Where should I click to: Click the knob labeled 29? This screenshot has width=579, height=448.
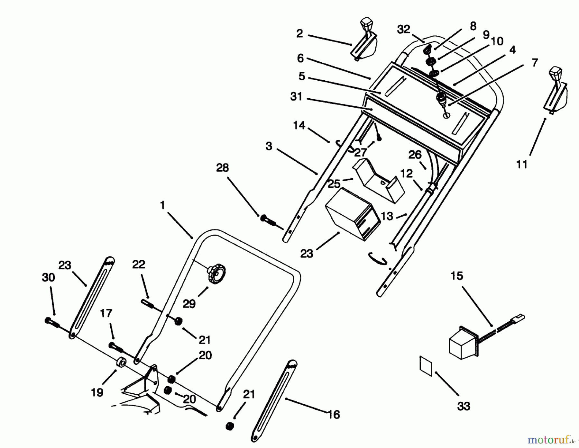pos(216,274)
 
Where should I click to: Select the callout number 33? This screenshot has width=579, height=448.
pos(464,406)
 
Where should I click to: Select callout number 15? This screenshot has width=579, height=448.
pos(457,276)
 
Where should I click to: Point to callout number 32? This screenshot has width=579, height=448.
pos(403,29)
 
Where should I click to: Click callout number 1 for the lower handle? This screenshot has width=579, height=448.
pos(162,205)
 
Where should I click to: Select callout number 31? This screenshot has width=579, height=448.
pos(296,96)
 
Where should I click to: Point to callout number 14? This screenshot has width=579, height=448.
pos(299,125)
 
